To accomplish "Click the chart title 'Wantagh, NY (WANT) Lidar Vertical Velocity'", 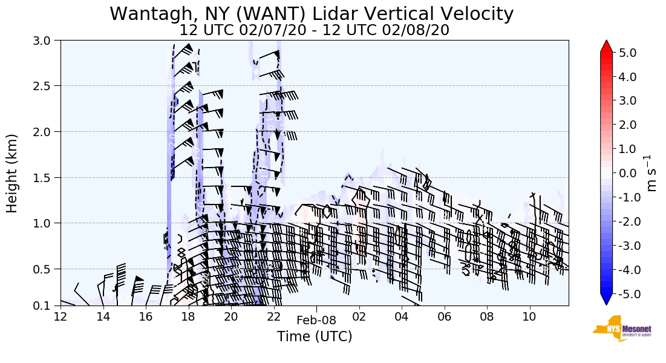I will click(x=312, y=13).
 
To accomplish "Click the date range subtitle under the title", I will click(x=314, y=30).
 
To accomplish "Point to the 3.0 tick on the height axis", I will click(x=46, y=41).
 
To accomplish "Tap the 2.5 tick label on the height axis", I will click(x=46, y=86).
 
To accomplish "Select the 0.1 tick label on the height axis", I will click(x=46, y=306).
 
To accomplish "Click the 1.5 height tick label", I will click(x=46, y=177).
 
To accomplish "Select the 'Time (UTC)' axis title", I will click(x=314, y=336).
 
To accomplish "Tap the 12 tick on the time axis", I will click(x=60, y=316).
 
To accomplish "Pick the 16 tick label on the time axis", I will click(x=145, y=316).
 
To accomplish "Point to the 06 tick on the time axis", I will click(x=445, y=316).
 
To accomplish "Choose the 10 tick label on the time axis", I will click(x=530, y=316).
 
